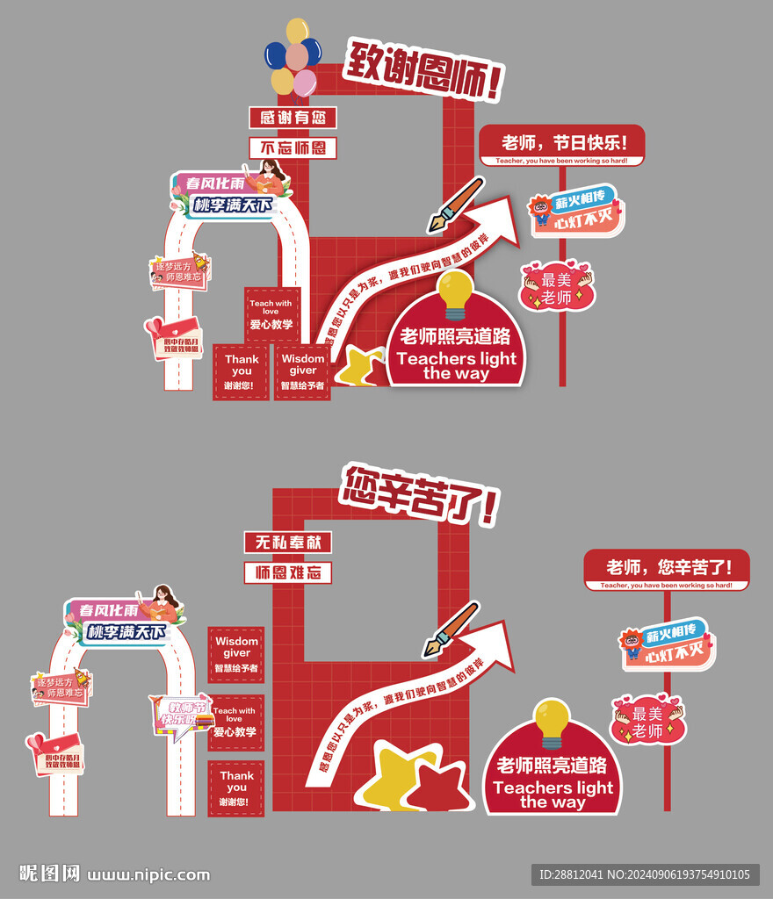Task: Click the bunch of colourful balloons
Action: coord(293,57)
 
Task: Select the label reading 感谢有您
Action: coord(293,117)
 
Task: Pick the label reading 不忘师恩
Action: coord(293,147)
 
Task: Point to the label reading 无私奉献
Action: coord(287,543)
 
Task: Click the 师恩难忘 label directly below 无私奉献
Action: coord(287,573)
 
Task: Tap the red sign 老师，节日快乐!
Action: coord(562,143)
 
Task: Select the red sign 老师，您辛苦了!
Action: coord(668,568)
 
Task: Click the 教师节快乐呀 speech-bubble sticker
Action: coord(183,716)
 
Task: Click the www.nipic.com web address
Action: coord(149,874)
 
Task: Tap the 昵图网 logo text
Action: coord(50,874)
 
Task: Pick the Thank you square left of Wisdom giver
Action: coord(241,372)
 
